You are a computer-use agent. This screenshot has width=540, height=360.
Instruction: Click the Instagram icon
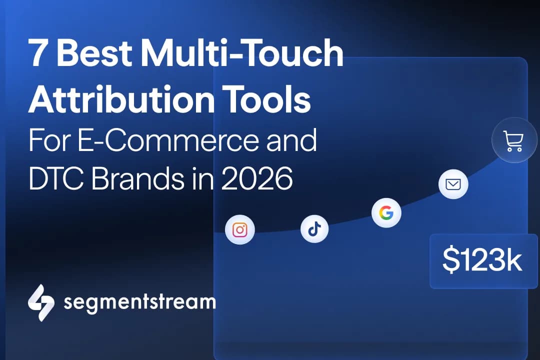[240, 229]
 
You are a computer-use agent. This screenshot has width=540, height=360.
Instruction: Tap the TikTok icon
[314, 229]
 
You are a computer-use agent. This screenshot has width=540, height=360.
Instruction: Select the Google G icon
[386, 213]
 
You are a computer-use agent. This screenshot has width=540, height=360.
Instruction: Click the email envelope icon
[453, 184]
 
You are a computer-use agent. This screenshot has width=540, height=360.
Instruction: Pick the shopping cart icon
[513, 141]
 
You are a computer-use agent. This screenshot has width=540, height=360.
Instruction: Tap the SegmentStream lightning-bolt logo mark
[41, 302]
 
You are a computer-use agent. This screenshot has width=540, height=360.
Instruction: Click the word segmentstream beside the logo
[139, 302]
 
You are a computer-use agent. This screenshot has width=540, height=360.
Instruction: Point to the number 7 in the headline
[38, 55]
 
